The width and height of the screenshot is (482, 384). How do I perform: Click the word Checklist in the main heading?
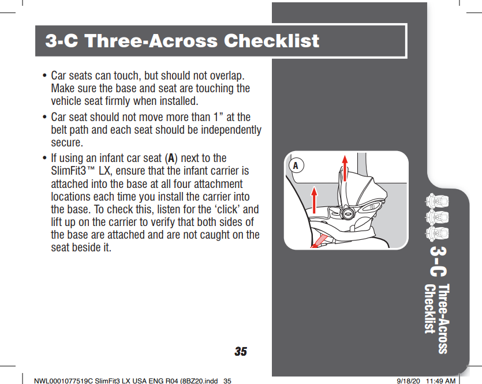271,40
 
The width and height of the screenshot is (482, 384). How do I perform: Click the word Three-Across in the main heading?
151,40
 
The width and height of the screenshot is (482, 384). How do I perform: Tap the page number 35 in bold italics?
241,352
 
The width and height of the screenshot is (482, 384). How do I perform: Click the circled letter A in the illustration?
296,165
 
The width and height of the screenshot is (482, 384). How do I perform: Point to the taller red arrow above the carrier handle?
345,168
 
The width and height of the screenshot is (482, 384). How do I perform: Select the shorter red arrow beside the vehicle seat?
314,200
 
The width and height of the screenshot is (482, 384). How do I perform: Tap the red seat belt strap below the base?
319,240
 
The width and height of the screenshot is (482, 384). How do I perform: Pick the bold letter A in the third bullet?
171,159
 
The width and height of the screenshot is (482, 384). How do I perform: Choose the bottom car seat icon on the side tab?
436,234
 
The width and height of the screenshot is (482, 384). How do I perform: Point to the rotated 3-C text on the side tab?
438,261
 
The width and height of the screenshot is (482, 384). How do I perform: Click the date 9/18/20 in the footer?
408,381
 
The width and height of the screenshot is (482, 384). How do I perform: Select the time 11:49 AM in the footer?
441,381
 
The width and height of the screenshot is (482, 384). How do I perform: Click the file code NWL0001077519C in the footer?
63,381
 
